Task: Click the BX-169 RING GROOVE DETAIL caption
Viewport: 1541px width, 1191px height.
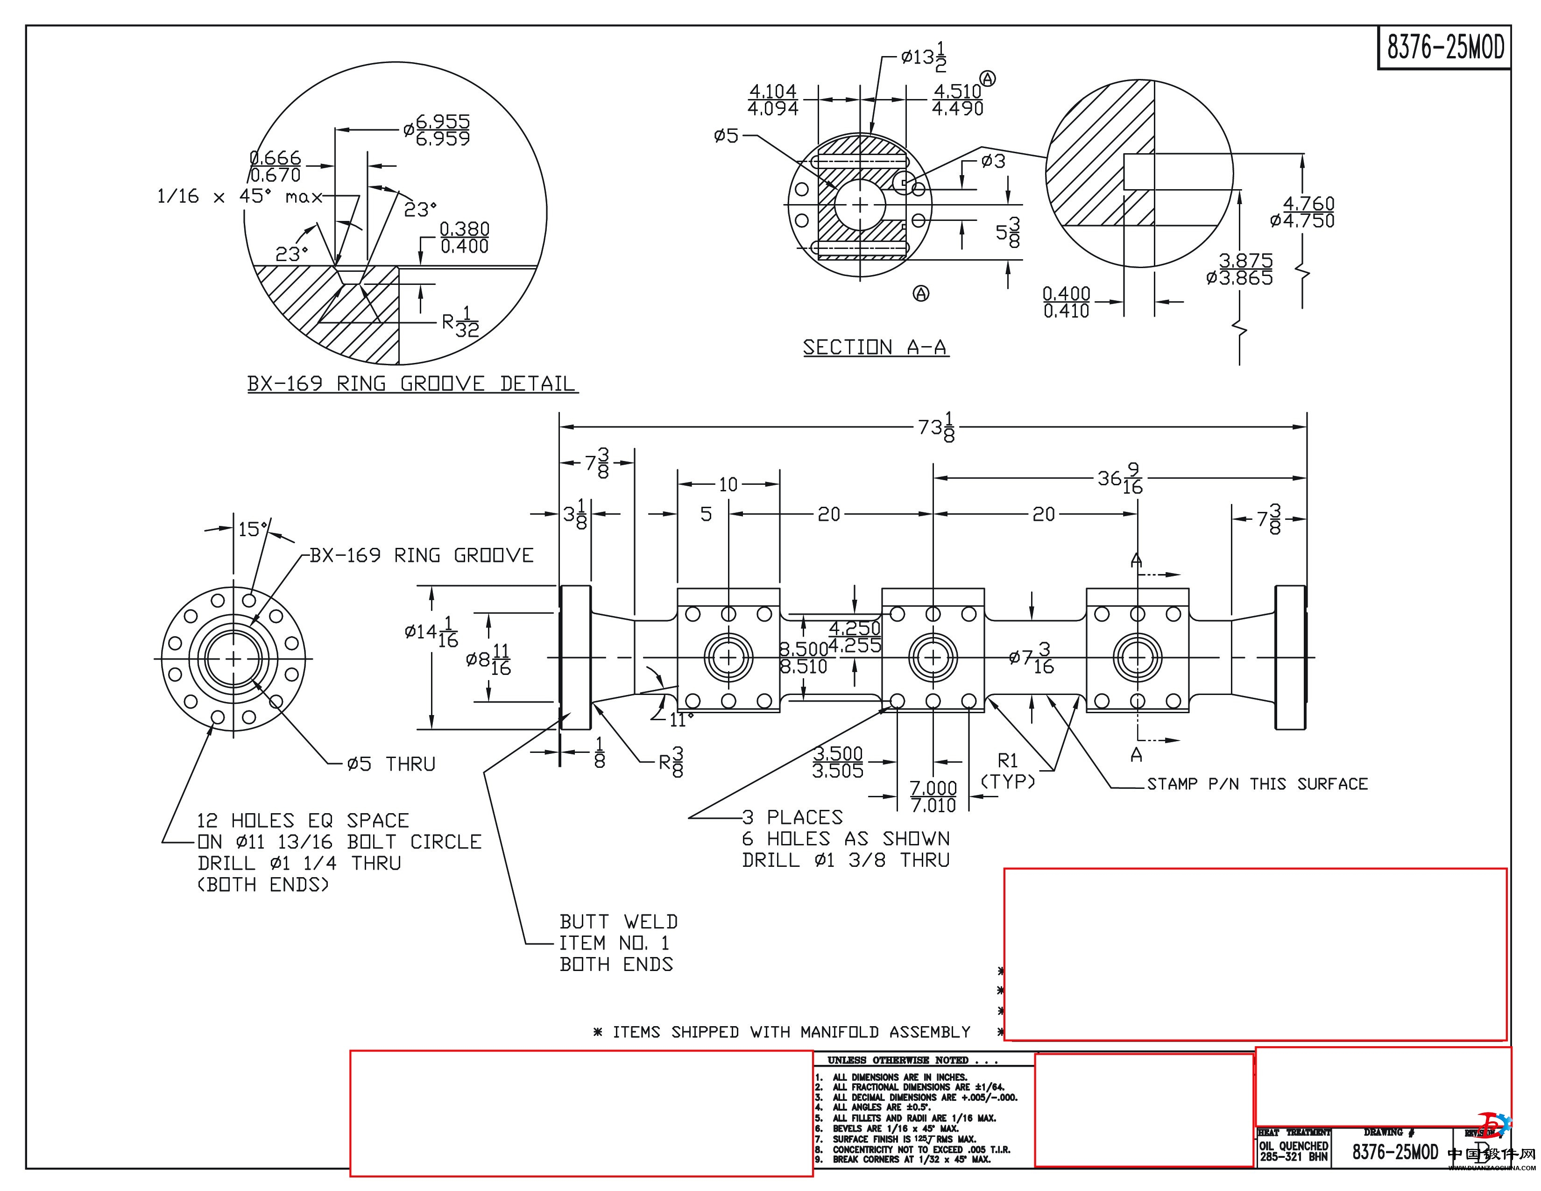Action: [411, 384]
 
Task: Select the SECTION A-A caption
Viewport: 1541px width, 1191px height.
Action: [875, 347]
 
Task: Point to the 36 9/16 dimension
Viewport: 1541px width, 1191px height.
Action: [1120, 479]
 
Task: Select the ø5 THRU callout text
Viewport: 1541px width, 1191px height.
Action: [390, 764]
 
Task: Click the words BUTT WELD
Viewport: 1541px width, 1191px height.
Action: [618, 922]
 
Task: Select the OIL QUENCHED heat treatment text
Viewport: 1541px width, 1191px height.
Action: [1294, 1146]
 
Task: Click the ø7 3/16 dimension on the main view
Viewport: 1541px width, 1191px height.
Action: [1032, 658]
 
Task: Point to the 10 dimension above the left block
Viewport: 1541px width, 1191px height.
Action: [728, 485]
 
